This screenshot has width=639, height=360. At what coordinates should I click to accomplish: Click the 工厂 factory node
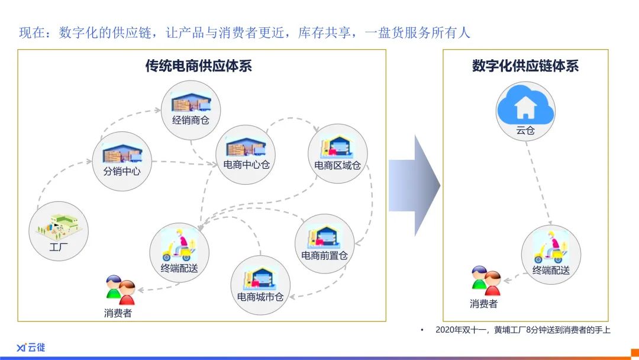pos(59,231)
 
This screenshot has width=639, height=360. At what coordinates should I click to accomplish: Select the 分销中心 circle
pos(122,161)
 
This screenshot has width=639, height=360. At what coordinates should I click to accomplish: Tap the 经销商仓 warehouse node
pos(191,110)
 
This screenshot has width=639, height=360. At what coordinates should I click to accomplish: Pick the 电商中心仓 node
pos(246,155)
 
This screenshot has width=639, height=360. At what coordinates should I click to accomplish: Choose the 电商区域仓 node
pos(337,154)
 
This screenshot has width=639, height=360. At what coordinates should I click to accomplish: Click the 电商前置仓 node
pos(324,244)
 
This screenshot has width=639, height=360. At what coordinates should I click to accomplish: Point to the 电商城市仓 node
pos(260,285)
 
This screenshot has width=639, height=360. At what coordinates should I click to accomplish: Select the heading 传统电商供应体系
pos(198,66)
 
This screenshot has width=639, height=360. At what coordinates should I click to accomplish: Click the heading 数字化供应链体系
pos(525,66)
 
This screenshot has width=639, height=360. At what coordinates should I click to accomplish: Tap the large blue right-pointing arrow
pos(414,185)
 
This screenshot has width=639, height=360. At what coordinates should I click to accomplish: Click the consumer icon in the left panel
pos(120,290)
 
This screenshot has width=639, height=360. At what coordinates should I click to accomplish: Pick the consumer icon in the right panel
pos(486,281)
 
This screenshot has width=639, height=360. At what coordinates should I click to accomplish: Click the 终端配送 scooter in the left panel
pos(179,245)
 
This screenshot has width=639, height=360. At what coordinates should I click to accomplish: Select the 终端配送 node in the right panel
pos(551,255)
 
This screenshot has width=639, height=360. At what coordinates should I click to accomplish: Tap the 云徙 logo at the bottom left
pos(31,348)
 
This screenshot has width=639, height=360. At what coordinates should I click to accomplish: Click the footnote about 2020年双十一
pos(523,330)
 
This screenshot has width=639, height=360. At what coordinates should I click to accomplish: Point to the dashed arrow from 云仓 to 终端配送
pos(538,182)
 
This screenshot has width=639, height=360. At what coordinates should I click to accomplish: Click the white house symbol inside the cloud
pos(525,107)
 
